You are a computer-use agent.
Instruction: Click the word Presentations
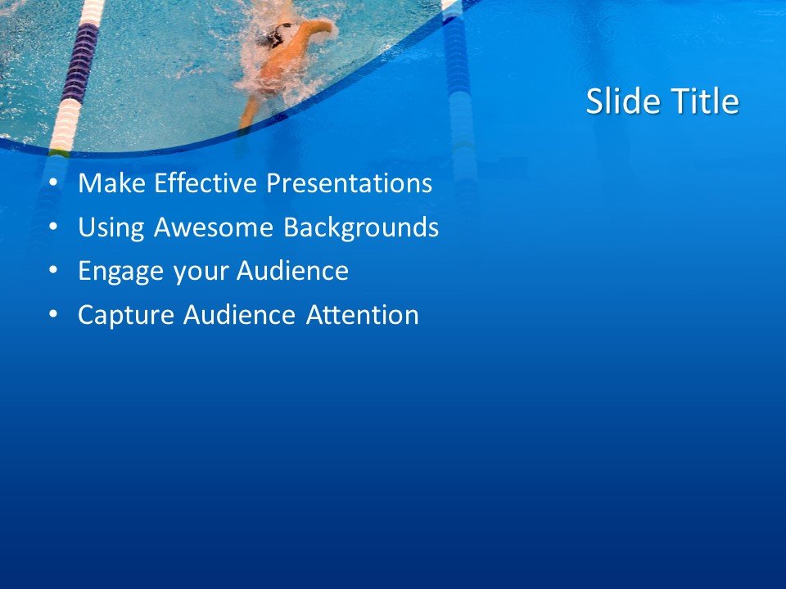[x=350, y=183]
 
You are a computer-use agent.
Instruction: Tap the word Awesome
[x=215, y=227]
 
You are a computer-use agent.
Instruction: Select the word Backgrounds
[x=361, y=227]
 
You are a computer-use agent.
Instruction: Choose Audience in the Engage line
[x=292, y=271]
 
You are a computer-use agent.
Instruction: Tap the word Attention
[x=363, y=315]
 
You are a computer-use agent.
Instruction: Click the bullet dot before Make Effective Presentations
[x=54, y=184]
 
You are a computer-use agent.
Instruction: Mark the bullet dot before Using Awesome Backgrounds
[x=54, y=228]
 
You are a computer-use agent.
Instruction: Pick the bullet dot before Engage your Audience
[x=54, y=272]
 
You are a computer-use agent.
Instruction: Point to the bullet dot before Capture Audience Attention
[x=54, y=316]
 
